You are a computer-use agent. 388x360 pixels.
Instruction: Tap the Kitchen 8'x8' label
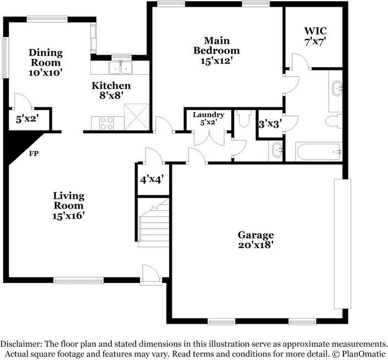(x=111, y=90)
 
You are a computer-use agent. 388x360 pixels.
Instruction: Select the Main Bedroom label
(x=217, y=51)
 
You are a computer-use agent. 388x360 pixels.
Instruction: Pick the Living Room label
(x=68, y=205)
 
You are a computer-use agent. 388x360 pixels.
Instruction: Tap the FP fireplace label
(x=33, y=154)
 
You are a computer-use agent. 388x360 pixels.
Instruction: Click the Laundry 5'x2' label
(x=208, y=118)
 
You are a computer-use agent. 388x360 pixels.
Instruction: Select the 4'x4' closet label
(x=151, y=179)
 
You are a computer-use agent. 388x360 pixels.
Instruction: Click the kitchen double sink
(x=121, y=68)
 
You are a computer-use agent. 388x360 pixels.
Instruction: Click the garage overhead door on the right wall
(x=342, y=243)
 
